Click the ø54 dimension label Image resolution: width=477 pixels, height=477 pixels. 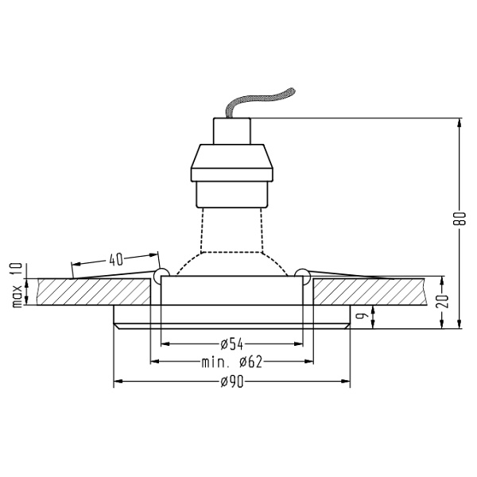232,344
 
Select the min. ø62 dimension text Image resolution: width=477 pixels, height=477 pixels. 231,362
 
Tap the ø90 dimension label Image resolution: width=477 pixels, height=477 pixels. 232,382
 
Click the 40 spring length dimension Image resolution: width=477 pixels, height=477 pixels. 116,259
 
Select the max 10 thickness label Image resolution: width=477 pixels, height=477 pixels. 17,285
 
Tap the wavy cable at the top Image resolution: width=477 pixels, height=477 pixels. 259,101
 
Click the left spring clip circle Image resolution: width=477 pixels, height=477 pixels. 161,275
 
